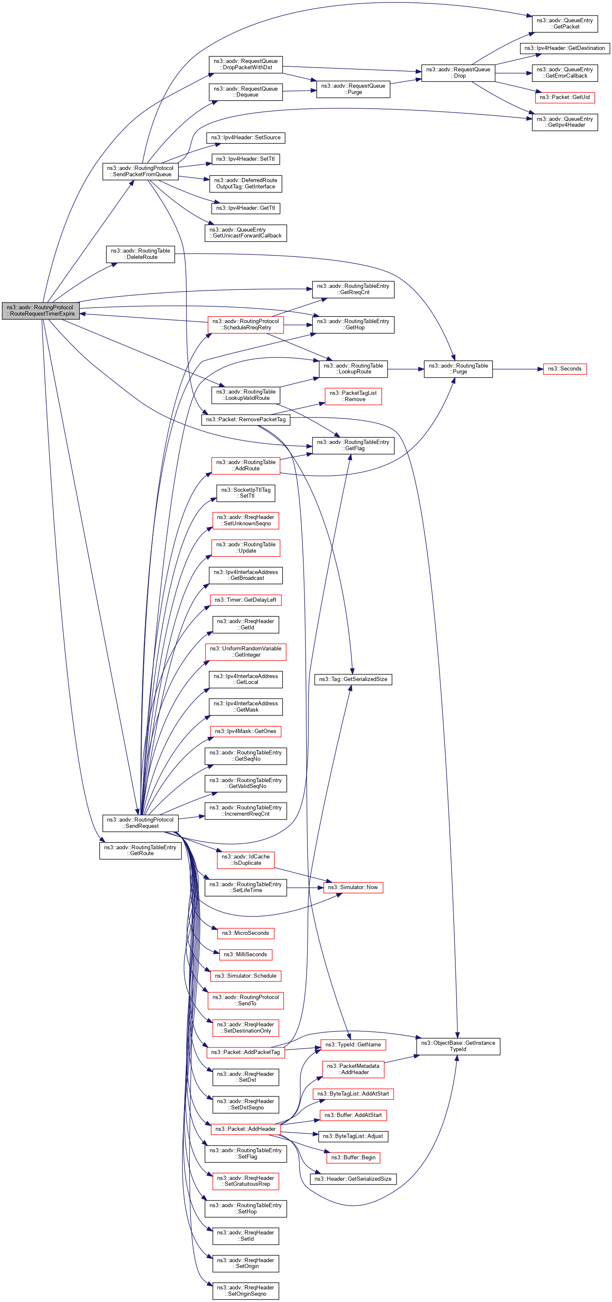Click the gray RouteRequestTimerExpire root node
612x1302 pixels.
click(x=40, y=310)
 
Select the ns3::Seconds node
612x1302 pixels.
click(x=565, y=369)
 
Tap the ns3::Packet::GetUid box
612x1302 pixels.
click(x=565, y=97)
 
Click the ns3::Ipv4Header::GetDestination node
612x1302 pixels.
click(x=565, y=48)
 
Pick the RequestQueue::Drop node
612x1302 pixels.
click(x=458, y=73)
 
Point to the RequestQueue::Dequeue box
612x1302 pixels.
click(x=245, y=92)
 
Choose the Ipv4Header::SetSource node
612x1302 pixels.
click(x=246, y=138)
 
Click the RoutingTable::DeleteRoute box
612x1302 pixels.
click(x=140, y=254)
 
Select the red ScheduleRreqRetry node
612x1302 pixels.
click(x=245, y=324)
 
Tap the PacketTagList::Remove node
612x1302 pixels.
click(x=352, y=396)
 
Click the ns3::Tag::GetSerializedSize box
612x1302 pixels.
click(x=353, y=679)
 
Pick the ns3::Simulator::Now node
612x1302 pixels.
click(x=353, y=887)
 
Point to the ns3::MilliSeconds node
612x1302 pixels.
click(x=245, y=955)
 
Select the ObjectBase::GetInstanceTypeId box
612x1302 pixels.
click(x=458, y=1046)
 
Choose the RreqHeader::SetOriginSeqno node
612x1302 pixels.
click(x=245, y=1291)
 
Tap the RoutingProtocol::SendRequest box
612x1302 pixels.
click(x=140, y=823)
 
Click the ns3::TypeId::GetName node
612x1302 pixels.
click(x=353, y=1045)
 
